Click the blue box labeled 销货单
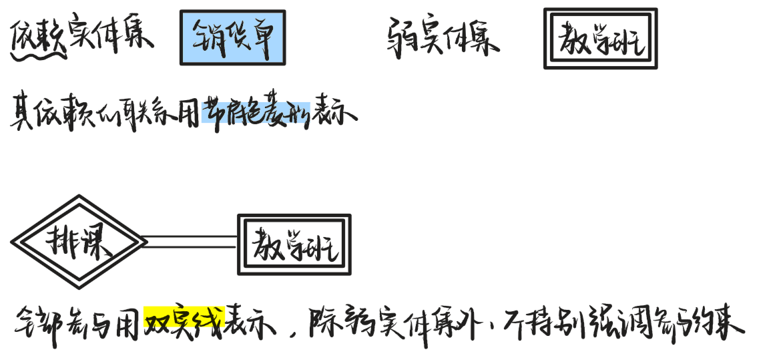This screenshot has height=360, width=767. coord(232,37)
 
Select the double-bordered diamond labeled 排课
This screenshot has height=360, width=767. coord(79,242)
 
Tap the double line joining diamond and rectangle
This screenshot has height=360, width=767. coord(191,241)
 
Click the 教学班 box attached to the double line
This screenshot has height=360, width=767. coord(294,244)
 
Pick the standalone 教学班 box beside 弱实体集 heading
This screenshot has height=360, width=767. coord(600,39)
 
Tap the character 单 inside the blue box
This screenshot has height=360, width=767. coord(265,38)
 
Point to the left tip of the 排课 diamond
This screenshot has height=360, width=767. coord(13,242)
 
